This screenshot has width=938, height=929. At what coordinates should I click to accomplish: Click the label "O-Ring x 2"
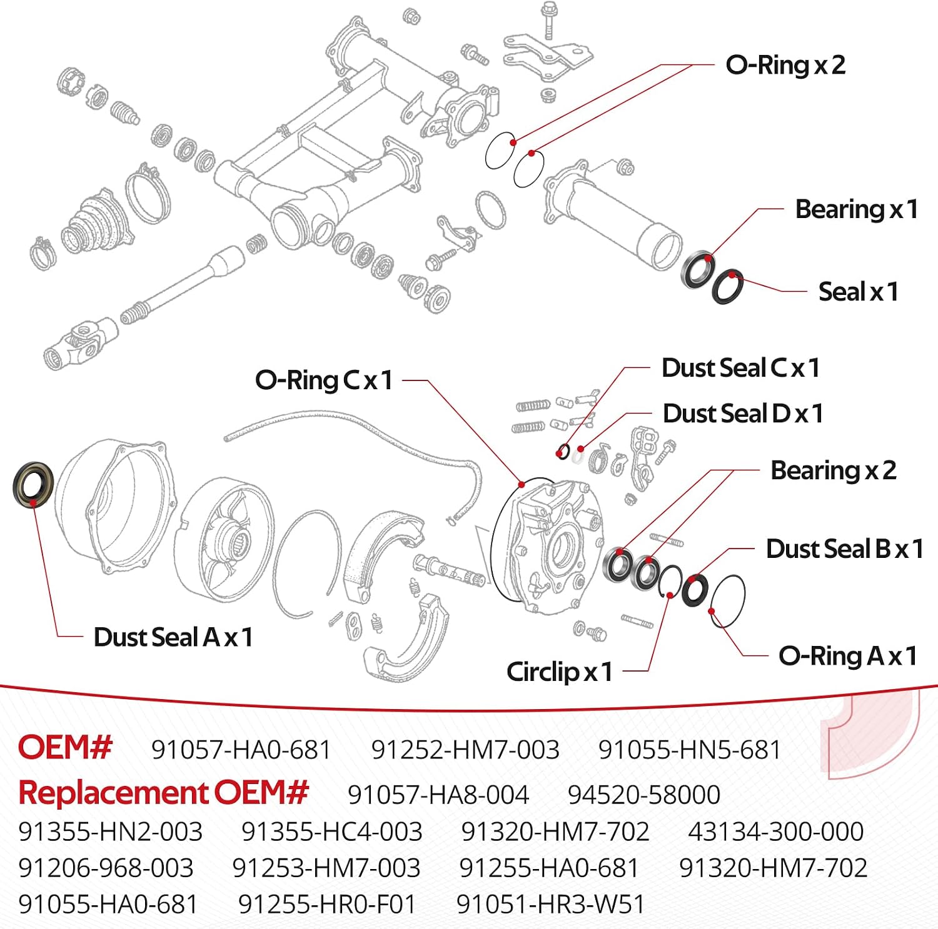click(x=785, y=65)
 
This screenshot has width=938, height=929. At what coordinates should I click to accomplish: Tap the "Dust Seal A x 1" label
click(x=173, y=637)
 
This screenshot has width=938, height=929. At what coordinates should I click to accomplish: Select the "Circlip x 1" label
click(x=559, y=672)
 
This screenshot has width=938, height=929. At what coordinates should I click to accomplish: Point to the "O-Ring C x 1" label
click(x=324, y=380)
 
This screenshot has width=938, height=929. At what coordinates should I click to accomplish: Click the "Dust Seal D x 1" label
click(x=743, y=414)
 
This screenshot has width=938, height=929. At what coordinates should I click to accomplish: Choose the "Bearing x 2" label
click(x=834, y=470)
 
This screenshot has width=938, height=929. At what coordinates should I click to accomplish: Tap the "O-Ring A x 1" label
click(x=848, y=656)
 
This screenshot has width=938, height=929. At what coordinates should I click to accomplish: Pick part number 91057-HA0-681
click(x=241, y=750)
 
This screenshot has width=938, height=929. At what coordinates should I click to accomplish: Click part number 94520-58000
click(x=644, y=795)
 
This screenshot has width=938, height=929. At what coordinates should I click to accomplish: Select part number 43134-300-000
click(x=776, y=832)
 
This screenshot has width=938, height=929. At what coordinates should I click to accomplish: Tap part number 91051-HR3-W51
click(x=550, y=904)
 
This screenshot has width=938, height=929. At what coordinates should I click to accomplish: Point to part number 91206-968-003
click(x=106, y=868)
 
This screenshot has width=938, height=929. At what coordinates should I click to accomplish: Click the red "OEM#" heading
click(x=65, y=747)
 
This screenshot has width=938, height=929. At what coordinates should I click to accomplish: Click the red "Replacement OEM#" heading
click(x=163, y=792)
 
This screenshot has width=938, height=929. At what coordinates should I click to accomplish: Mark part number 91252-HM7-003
click(x=465, y=750)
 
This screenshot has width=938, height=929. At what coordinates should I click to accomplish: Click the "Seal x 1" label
click(x=859, y=292)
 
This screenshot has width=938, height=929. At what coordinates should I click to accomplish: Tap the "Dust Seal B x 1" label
click(x=845, y=549)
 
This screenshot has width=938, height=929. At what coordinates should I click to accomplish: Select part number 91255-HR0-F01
click(x=327, y=904)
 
